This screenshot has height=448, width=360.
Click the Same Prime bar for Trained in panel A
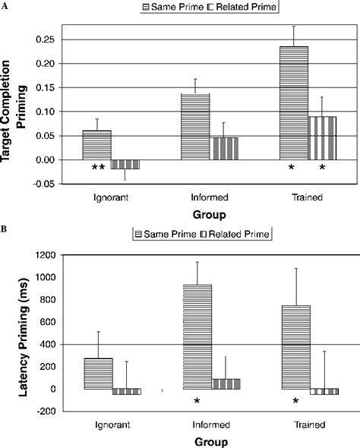click(x=293, y=103)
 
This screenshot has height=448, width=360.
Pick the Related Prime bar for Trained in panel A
click(x=323, y=138)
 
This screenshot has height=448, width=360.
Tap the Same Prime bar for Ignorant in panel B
click(x=98, y=374)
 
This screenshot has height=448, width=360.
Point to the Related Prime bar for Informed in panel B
click(x=226, y=383)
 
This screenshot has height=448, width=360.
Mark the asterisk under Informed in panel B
click(x=196, y=401)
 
